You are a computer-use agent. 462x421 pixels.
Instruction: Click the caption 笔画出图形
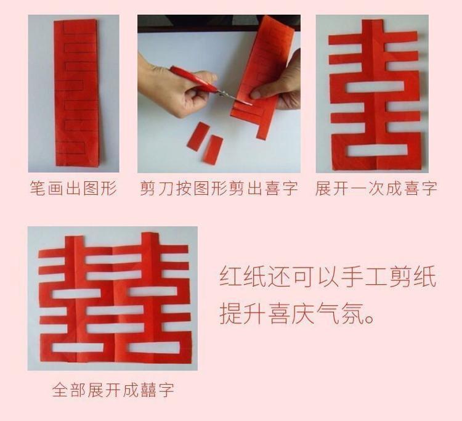(73, 188)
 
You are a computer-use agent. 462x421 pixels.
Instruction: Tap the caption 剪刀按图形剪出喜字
(219, 188)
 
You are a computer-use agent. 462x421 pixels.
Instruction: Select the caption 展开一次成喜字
(376, 188)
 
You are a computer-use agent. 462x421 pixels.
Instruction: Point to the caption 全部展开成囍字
(113, 390)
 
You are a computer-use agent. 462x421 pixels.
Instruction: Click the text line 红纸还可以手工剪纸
(328, 277)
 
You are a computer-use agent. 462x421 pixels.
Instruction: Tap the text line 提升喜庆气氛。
(297, 313)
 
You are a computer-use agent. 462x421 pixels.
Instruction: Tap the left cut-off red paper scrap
(198, 136)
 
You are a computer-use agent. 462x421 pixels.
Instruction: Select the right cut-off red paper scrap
(213, 149)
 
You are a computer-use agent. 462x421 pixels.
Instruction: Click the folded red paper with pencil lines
(76, 93)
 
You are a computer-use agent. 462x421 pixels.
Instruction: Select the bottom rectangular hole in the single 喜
(377, 150)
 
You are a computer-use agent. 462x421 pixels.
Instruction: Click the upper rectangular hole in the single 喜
(375, 86)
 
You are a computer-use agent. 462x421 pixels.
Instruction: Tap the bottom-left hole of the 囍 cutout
(78, 347)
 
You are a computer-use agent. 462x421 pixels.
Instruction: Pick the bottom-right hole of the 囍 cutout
(153, 348)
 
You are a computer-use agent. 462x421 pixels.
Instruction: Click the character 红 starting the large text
(230, 277)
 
